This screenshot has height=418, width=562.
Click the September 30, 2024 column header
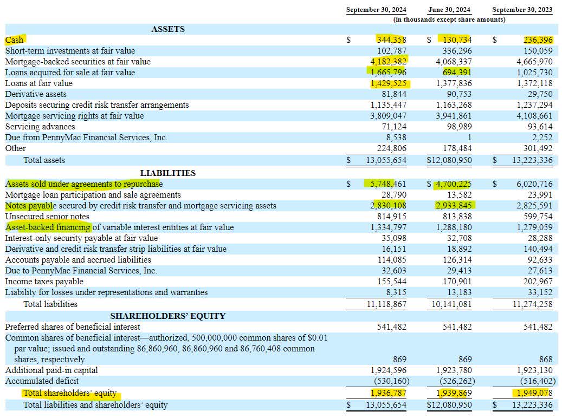[376, 10]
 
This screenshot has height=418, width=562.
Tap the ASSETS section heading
[168, 29]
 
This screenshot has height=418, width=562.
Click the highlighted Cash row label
[15, 40]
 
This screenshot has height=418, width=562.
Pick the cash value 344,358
[391, 40]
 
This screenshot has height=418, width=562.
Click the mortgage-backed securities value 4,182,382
[389, 62]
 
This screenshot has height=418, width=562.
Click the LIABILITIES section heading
[168, 173]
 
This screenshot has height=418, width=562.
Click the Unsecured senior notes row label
[47, 217]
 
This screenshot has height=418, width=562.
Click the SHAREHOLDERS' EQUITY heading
[168, 316]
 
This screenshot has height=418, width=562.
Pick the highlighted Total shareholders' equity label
[70, 393]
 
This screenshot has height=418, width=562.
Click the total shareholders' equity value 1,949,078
[532, 393]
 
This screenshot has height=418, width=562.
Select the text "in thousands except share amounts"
[449, 19]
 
